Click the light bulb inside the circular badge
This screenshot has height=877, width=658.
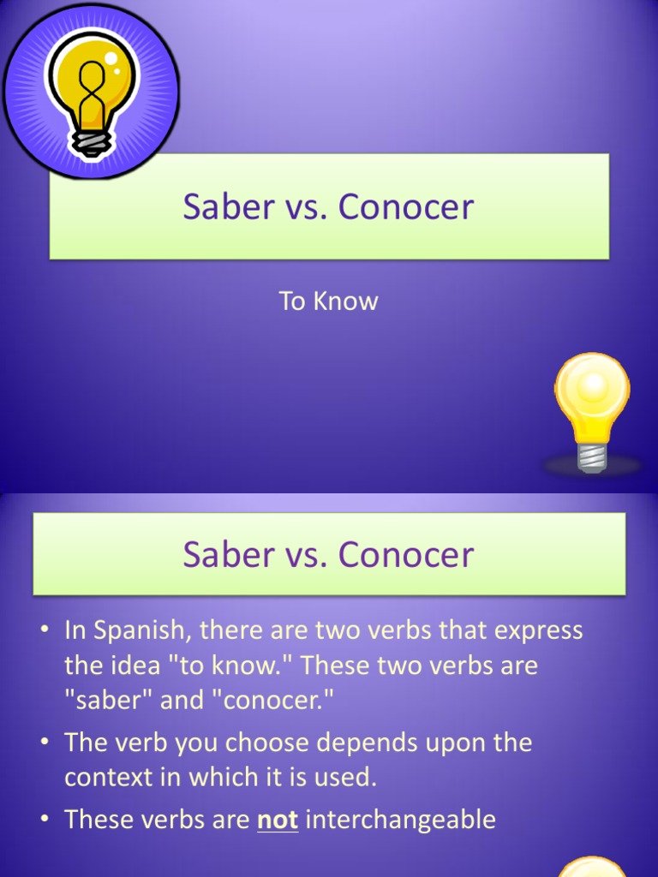(x=90, y=86)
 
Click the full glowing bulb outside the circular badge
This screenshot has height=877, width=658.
(x=592, y=407)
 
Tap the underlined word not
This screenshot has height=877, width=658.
(x=278, y=820)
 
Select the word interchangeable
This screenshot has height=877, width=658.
(x=400, y=820)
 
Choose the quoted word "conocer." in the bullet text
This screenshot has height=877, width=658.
(x=278, y=701)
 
